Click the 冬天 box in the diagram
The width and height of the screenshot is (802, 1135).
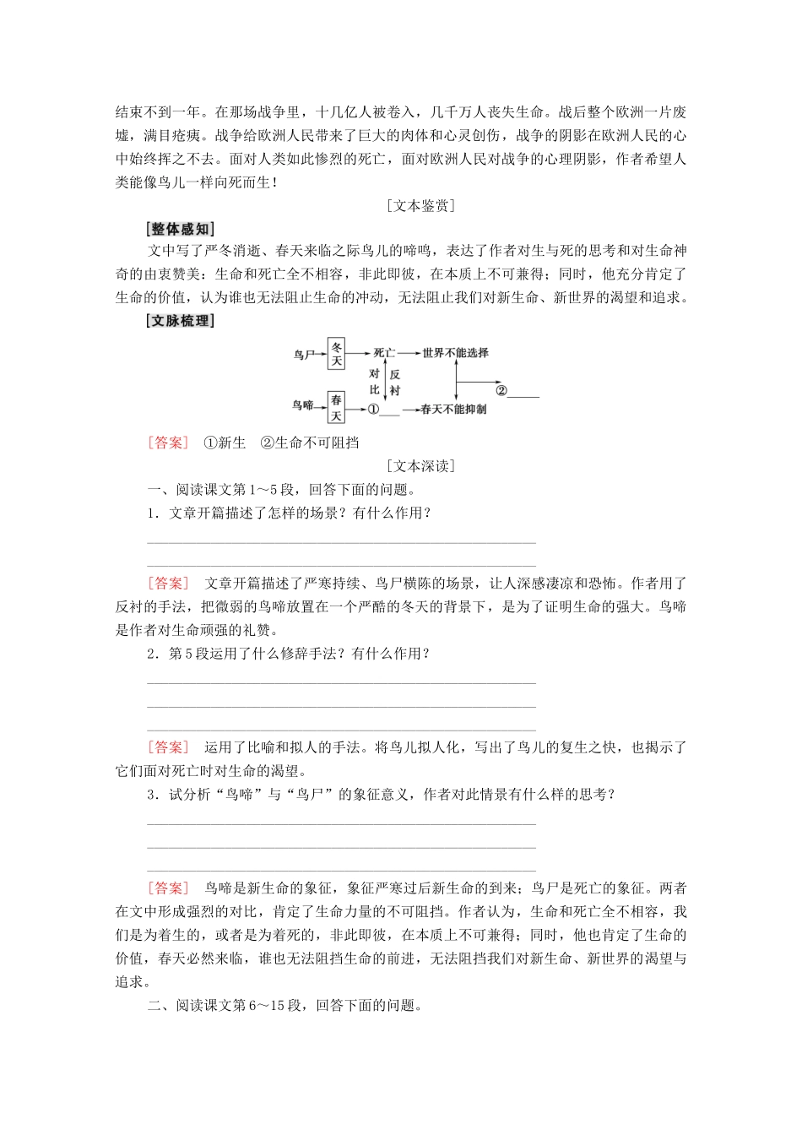[337, 354]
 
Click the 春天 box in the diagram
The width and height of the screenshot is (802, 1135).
[337, 408]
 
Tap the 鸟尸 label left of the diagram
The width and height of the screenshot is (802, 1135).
[303, 355]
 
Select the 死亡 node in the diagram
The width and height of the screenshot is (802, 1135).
[384, 353]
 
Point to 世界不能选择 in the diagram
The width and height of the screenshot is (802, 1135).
[455, 353]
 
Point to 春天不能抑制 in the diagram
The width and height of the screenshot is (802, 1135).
[453, 410]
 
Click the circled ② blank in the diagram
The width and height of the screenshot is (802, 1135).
[516, 391]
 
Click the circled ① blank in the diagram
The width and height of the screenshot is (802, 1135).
[382, 410]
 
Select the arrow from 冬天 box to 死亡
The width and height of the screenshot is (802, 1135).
[359, 353]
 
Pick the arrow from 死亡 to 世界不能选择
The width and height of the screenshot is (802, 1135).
[408, 353]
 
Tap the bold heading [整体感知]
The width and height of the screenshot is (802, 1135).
[180, 229]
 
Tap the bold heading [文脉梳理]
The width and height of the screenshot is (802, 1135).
[180, 321]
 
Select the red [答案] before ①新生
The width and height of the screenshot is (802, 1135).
[168, 443]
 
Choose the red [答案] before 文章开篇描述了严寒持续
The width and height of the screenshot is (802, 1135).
[168, 584]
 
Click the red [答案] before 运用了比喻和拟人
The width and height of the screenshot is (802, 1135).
[168, 747]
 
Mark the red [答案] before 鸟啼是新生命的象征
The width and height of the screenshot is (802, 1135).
[168, 888]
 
